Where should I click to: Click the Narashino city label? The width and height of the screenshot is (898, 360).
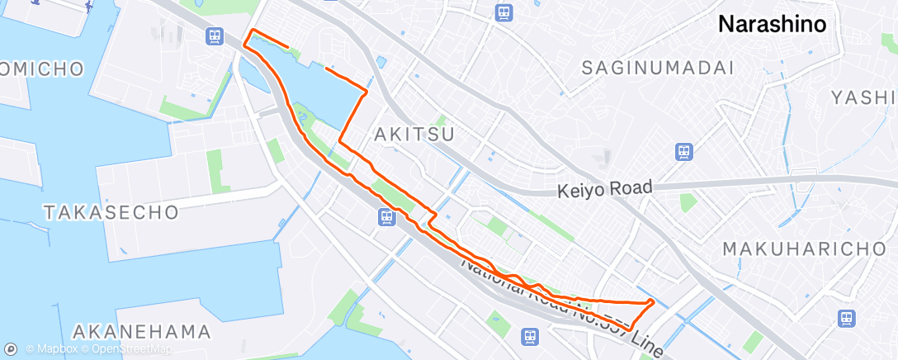(772, 24)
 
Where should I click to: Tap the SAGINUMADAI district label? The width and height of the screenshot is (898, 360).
(657, 68)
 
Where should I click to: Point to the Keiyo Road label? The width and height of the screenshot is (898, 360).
(604, 189)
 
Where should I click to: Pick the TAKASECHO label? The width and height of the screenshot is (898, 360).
(111, 212)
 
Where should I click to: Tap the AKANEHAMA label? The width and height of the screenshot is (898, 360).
(141, 332)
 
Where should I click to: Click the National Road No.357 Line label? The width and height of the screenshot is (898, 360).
(560, 305)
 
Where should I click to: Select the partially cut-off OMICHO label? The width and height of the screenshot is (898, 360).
(41, 69)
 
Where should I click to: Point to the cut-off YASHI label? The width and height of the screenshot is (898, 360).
(863, 97)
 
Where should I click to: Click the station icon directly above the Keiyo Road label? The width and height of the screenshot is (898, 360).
(683, 151)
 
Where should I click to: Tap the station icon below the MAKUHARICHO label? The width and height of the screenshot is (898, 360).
(845, 318)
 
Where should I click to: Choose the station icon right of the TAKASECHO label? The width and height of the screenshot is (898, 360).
(386, 217)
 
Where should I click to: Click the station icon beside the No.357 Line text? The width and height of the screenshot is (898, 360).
(532, 336)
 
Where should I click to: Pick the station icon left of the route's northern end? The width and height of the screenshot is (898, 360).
(215, 36)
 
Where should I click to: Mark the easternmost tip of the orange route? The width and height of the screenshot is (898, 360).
(654, 301)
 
